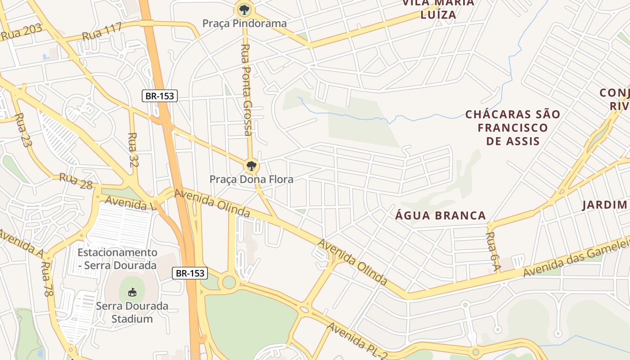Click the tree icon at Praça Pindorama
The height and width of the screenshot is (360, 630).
click(244, 9)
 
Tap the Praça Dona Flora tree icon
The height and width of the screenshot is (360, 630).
click(252, 166)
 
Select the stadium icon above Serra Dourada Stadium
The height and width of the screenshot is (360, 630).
click(132, 292)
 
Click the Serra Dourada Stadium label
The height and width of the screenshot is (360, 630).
click(132, 312)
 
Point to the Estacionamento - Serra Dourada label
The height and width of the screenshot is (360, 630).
click(117, 259)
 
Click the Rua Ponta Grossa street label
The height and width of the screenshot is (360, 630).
click(246, 90)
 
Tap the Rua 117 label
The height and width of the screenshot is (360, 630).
click(102, 32)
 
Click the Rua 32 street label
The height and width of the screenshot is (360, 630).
click(133, 149)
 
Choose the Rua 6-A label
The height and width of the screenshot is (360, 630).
click(494, 252)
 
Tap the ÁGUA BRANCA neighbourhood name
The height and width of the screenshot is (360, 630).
click(441, 216)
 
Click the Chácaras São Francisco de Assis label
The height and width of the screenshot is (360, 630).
click(513, 127)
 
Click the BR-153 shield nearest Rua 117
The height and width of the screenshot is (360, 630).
click(160, 95)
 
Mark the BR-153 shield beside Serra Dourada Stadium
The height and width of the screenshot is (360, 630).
click(190, 273)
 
